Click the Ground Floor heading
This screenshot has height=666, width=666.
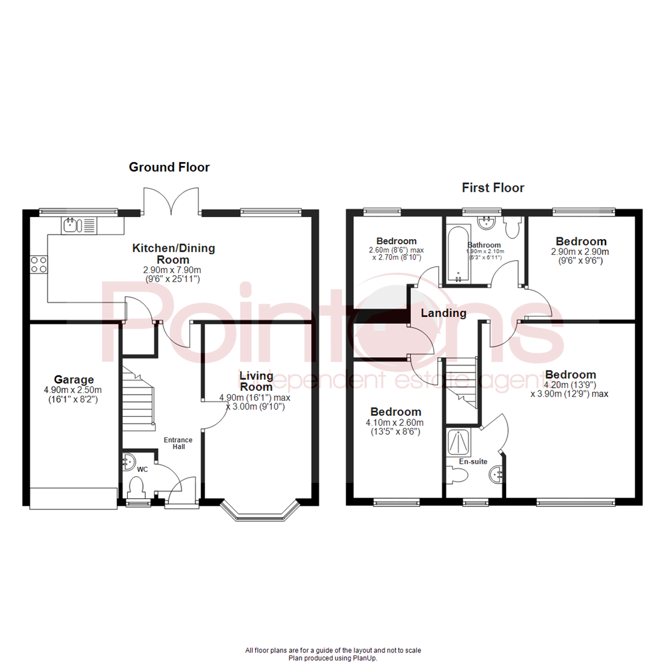pyautogui.click(x=168, y=167)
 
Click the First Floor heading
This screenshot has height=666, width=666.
pyautogui.click(x=493, y=187)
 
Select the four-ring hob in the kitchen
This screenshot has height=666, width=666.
pyautogui.click(x=38, y=264)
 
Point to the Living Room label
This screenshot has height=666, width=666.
pyautogui.click(x=256, y=380)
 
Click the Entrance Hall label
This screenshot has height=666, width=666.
pyautogui.click(x=178, y=443)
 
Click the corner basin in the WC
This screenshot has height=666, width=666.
pyautogui.click(x=129, y=461)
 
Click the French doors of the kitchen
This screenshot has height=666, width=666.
pyautogui.click(x=171, y=200)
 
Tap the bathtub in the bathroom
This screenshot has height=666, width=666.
pyautogui.click(x=458, y=255)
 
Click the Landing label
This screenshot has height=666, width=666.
pyautogui.click(x=443, y=313)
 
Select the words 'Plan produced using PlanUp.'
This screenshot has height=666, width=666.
pyautogui.click(x=333, y=658)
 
